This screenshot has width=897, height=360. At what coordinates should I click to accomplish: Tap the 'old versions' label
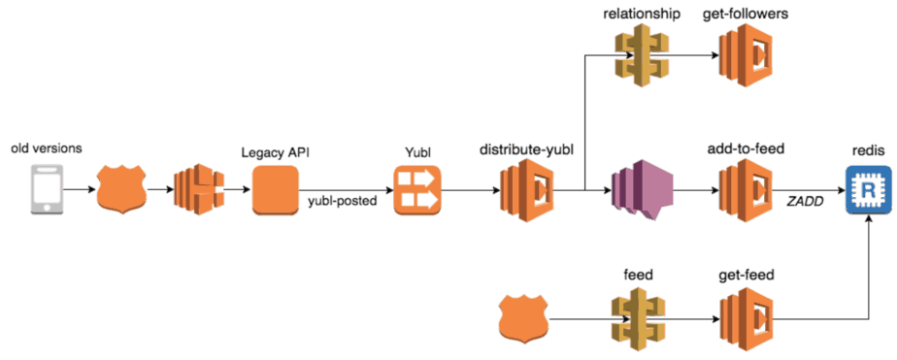pos(45,149)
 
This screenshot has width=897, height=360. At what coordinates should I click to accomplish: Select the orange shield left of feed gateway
pos(524,317)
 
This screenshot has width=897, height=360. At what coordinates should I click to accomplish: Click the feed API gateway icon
pos(639,317)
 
